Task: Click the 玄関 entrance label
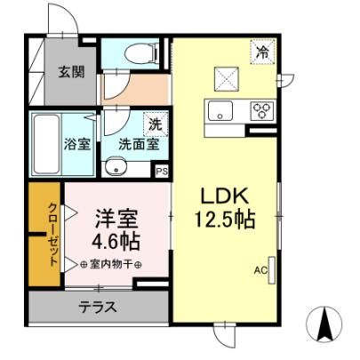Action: (71, 72)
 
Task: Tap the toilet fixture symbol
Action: (140, 53)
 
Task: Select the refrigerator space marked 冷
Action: (263, 52)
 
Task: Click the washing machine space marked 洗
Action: (156, 124)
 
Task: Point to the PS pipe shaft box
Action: (162, 171)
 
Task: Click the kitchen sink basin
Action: (220, 110)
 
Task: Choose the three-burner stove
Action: (262, 111)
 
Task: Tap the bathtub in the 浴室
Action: (46, 144)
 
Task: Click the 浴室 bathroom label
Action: (77, 144)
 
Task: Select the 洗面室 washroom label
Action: (139, 144)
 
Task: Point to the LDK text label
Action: (225, 196)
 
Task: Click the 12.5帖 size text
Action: (225, 220)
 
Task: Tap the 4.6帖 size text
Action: (116, 242)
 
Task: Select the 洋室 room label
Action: (116, 219)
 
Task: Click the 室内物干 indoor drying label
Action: (110, 264)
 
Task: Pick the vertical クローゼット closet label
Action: (52, 234)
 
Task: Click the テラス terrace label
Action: (98, 307)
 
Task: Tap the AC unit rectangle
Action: (272, 270)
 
